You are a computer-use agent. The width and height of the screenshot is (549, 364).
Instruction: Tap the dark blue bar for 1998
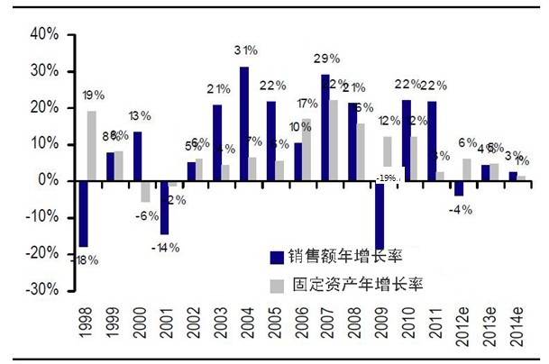click(83, 214)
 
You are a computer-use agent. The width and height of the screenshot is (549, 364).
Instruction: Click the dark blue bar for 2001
click(164, 207)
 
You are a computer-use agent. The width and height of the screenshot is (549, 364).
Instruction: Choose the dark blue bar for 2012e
click(459, 188)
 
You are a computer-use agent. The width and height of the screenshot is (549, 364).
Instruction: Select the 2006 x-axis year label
click(299, 332)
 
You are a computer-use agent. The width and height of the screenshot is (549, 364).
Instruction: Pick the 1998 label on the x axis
click(84, 332)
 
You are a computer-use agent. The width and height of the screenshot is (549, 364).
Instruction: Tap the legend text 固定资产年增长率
click(358, 285)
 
